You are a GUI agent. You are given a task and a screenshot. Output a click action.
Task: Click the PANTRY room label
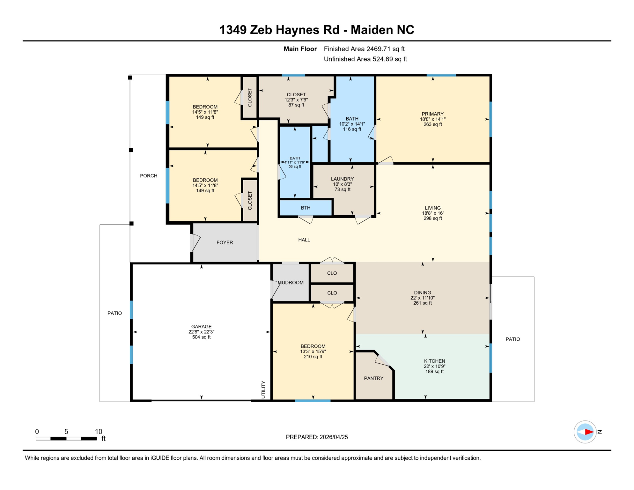coord(373,378)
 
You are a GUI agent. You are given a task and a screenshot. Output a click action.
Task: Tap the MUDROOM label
coord(290,283)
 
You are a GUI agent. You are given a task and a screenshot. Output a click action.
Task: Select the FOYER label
coord(225,242)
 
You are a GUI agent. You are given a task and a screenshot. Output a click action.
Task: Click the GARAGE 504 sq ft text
coord(201,337)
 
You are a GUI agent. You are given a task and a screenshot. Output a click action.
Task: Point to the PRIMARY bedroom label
coord(432,114)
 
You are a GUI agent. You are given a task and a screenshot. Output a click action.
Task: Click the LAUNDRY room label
coord(342,179)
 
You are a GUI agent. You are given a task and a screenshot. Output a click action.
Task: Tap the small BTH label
coord(306,208)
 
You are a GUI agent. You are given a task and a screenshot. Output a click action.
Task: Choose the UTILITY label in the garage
coord(263,390)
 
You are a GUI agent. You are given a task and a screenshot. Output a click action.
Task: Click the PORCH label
coord(149,176)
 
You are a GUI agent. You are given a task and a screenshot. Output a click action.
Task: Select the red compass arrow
coord(589,432)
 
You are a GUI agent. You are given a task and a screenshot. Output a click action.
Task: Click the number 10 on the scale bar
coord(99,432)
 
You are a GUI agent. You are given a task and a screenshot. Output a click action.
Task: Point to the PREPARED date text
coord(317,437)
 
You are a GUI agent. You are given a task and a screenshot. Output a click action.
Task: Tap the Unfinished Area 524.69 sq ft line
coord(365,59)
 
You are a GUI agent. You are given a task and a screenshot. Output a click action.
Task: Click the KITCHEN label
coord(434,361)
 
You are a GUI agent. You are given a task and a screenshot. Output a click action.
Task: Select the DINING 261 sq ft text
coord(422,303)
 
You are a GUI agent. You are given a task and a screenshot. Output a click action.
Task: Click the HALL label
coord(304,240)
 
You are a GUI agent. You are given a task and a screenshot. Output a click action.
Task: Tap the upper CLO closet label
coord(332,273)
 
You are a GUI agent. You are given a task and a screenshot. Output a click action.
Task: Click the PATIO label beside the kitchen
coord(512,339)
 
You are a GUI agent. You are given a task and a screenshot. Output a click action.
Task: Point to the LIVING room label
coord(432,208)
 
